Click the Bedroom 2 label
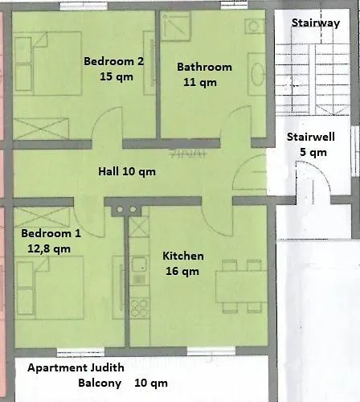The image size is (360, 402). [x=114, y=61]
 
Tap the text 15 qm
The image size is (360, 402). [x=117, y=76]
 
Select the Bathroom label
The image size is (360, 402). [x=204, y=67]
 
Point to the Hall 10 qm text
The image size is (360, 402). [x=127, y=171]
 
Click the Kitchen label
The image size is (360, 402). [x=183, y=256]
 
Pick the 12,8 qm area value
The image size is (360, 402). [x=49, y=249]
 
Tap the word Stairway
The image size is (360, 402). [x=316, y=23]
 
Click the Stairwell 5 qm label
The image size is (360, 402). [x=311, y=145]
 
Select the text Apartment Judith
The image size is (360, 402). [x=76, y=367]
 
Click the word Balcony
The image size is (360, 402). [x=100, y=383]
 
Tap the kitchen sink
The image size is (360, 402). [x=139, y=265]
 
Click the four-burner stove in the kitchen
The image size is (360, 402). [x=139, y=307]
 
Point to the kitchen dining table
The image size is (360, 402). [x=241, y=287]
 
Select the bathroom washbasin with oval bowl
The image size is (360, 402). [x=257, y=74]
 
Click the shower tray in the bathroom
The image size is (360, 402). [x=175, y=27]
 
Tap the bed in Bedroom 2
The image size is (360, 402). [x=47, y=64]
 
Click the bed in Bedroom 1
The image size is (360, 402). [x=51, y=288]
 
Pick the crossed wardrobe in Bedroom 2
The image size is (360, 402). [x=41, y=129]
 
